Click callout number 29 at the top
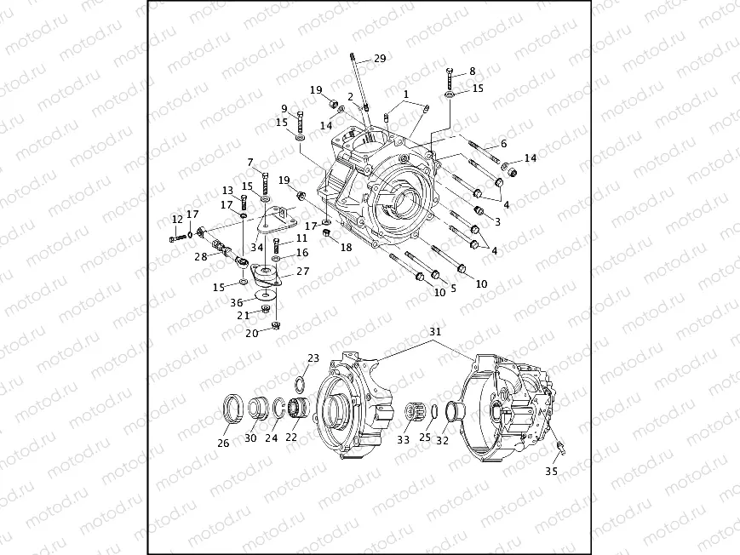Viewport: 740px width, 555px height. point(380,59)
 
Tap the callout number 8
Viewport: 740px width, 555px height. point(472,72)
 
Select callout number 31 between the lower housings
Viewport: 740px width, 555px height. point(435,331)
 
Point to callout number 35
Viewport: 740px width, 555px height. point(552,470)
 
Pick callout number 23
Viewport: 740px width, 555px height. point(313,358)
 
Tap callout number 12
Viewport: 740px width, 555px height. point(177,219)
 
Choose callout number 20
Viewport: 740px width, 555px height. point(251,334)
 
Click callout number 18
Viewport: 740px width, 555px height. point(345,248)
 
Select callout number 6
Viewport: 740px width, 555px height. point(503,144)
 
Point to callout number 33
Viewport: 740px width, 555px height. point(402,440)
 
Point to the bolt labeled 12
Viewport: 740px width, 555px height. point(176,239)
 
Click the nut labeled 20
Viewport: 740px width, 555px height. point(276,325)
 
